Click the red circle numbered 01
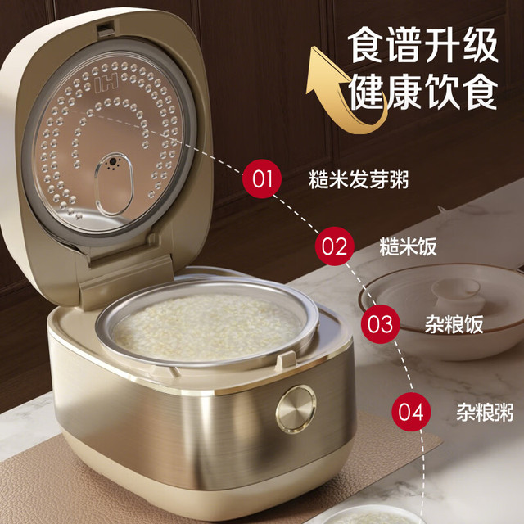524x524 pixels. [x=262, y=178]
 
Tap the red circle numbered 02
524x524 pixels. [x=335, y=246]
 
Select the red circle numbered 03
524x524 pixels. [x=380, y=324]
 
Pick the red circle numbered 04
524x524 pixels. [x=411, y=412]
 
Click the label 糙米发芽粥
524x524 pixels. [x=359, y=179]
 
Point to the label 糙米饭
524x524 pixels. [x=408, y=247]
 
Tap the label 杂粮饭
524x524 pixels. [x=454, y=324]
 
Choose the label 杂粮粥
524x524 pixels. [x=485, y=412]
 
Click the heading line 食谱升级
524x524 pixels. [x=423, y=46]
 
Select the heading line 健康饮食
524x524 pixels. [x=423, y=92]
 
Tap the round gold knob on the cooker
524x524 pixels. [x=296, y=409]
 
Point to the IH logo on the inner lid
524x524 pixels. [x=106, y=84]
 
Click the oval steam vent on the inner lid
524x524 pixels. [x=114, y=184]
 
